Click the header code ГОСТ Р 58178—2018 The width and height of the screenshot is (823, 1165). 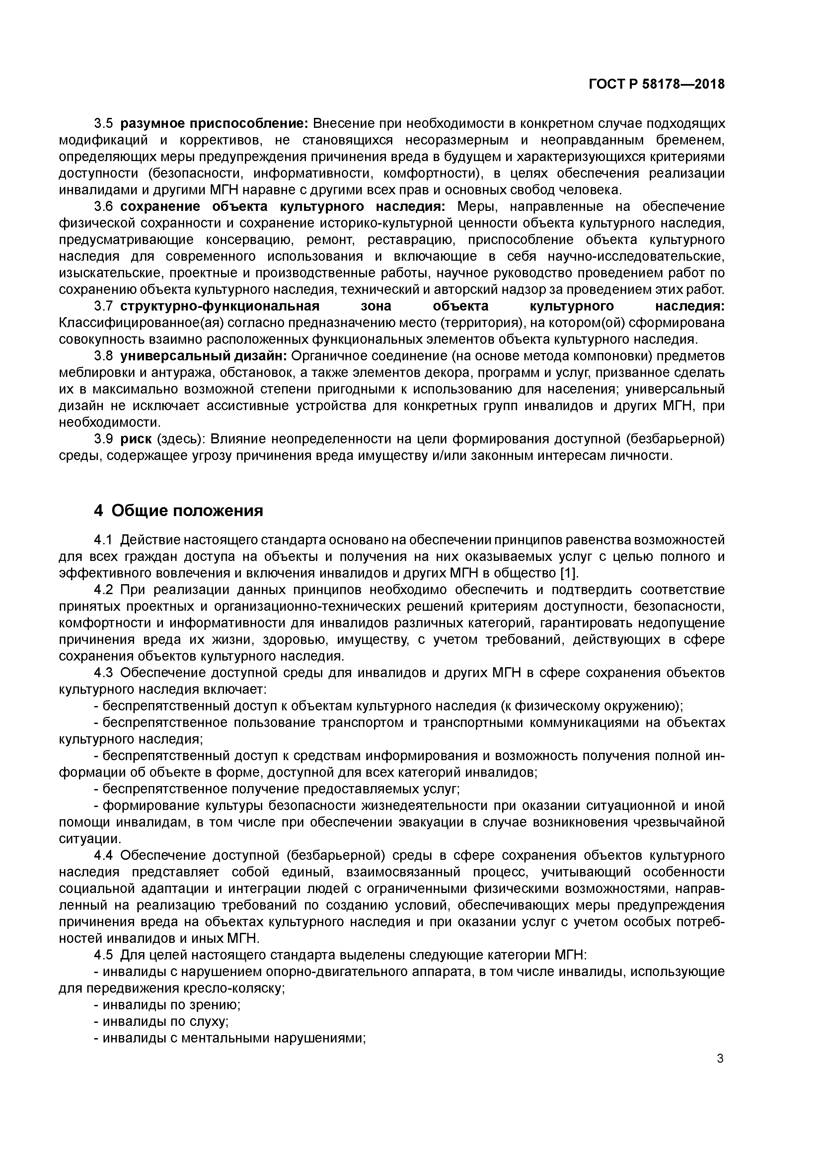[x=657, y=84]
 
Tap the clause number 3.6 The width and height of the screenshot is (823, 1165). [x=105, y=207]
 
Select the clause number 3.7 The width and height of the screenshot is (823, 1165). [x=105, y=307]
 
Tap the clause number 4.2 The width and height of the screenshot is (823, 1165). [x=105, y=590]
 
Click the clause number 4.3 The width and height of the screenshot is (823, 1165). [x=105, y=673]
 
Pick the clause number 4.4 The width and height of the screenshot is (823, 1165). [x=105, y=855]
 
